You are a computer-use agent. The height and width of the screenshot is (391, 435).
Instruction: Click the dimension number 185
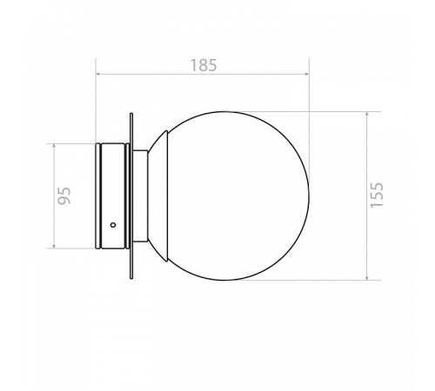204,65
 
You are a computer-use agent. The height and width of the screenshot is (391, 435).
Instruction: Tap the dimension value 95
64,195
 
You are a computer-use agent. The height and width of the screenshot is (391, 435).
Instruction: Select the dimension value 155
377,195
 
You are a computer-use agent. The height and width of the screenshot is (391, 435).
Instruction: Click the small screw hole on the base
113,225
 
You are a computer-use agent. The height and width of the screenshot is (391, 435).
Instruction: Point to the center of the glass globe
232,195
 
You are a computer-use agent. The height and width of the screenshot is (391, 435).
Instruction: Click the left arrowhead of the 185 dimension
98,74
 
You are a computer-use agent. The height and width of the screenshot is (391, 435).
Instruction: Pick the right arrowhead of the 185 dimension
306,74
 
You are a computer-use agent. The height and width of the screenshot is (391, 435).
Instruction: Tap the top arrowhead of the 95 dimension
54,146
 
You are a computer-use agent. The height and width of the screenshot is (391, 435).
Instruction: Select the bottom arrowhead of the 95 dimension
54,246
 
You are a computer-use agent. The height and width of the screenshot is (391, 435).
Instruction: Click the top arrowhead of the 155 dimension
367,114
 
